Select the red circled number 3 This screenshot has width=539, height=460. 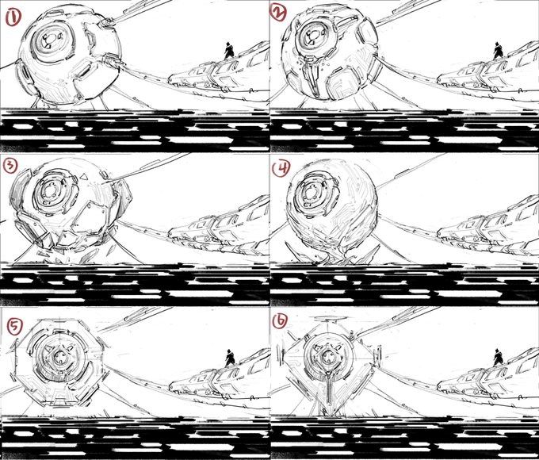(x=10, y=167)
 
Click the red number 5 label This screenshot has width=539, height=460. (x=15, y=327)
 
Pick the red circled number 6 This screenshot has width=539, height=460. (x=280, y=322)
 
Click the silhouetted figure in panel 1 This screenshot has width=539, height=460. (x=229, y=51)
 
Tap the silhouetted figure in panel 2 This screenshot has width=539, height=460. (x=498, y=51)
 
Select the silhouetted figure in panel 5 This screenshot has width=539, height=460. (x=230, y=358)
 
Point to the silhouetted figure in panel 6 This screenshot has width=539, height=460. (x=498, y=358)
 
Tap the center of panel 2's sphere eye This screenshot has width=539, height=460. (x=314, y=36)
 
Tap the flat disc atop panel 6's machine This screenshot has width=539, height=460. (x=327, y=318)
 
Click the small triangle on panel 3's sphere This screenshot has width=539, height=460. (x=83, y=177)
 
